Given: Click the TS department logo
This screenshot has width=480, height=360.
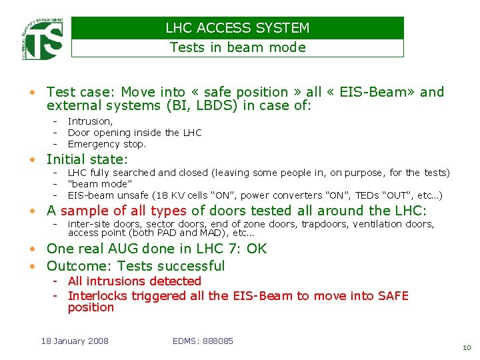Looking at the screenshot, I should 42,39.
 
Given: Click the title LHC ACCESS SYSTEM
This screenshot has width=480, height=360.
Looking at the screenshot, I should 237,28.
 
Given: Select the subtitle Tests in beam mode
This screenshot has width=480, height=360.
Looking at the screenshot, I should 237,47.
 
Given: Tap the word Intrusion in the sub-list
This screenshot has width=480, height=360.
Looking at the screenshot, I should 90,121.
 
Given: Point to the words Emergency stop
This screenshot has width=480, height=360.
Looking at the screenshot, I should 107,144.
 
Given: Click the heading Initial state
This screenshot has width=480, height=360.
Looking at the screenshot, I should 87,159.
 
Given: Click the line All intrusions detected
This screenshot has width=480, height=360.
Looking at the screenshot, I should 134,281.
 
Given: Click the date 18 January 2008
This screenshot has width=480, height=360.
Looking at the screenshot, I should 75,341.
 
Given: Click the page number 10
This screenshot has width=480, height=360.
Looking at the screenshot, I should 466,347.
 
